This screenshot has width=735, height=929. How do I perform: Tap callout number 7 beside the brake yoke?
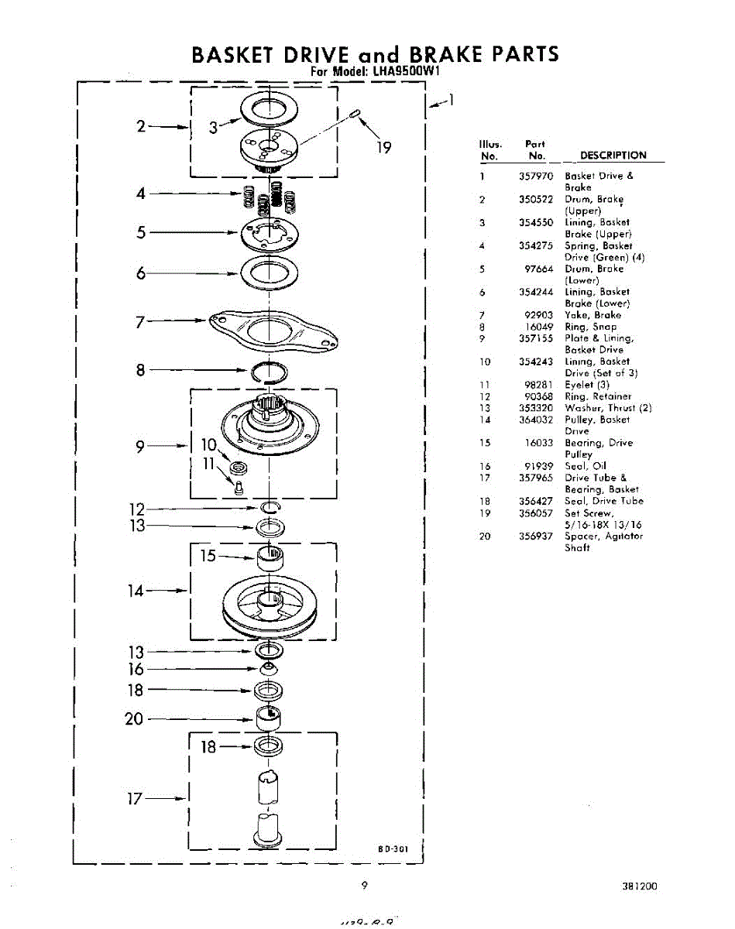pyautogui.click(x=140, y=322)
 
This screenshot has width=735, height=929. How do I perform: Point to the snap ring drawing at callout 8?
pyautogui.click(x=270, y=372)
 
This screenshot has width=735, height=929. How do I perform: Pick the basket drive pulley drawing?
pyautogui.click(x=269, y=603)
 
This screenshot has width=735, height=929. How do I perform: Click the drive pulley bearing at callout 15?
pyautogui.click(x=270, y=556)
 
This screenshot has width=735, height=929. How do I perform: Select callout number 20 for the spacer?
pyautogui.click(x=135, y=718)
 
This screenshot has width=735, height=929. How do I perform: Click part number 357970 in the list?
pyautogui.click(x=536, y=176)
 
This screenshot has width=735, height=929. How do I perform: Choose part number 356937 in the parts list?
pyautogui.click(x=536, y=536)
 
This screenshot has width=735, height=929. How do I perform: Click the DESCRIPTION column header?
pyautogui.click(x=613, y=155)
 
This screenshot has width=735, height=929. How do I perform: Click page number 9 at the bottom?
pyautogui.click(x=363, y=886)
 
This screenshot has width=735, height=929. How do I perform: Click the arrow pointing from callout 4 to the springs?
pyautogui.click(x=194, y=194)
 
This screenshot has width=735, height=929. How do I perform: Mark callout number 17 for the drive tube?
pyautogui.click(x=135, y=799)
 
